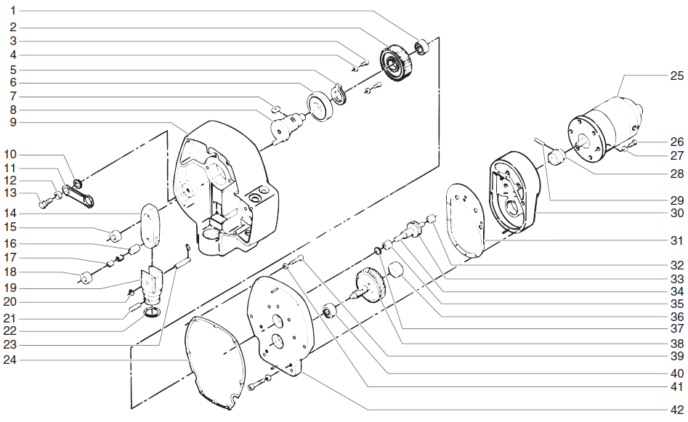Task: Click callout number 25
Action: click(677, 74)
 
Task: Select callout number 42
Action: click(677, 407)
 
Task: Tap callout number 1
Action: click(13, 12)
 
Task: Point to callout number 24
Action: click(13, 360)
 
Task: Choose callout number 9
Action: click(13, 122)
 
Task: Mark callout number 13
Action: click(13, 192)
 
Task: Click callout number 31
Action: click(677, 240)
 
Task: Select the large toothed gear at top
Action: click(398, 64)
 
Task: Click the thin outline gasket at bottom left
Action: click(215, 363)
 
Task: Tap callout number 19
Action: click(13, 287)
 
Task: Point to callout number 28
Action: click(677, 174)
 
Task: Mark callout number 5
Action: click(13, 70)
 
